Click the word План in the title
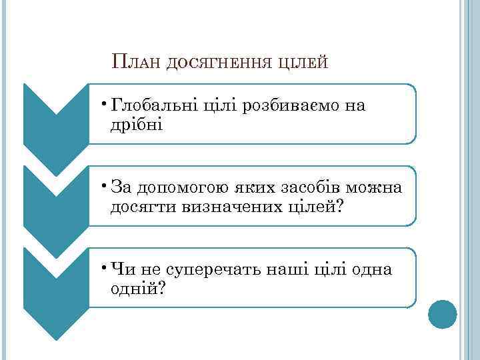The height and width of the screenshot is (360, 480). click(136, 63)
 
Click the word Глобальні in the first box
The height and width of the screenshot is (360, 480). click(154, 105)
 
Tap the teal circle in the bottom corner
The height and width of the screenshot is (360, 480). click(442, 314)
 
